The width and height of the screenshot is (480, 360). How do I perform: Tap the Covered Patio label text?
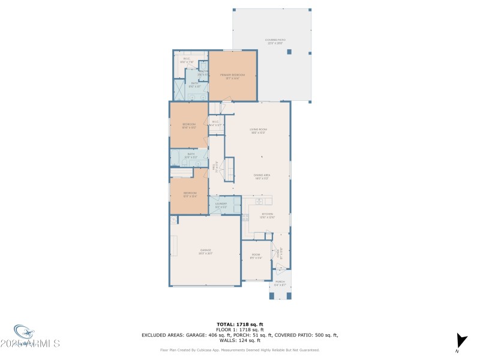coord(275,41)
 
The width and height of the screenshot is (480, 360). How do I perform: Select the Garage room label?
coord(205,251)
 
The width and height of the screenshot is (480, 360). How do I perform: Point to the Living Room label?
coord(259,130)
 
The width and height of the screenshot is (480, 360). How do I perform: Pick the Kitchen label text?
coord(268,215)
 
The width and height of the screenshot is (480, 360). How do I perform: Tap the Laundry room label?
coord(221,205)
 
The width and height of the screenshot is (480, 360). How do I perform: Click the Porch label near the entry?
coord(280,283)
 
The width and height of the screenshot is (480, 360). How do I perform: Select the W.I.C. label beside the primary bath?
coord(186,59)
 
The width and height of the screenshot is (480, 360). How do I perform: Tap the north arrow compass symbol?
coord(460,341)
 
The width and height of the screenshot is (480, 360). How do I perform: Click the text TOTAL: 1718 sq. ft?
coord(239,324)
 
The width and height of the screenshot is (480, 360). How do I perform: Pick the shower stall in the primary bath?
coord(179,90)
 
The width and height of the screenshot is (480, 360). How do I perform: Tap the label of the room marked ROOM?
coord(256,256)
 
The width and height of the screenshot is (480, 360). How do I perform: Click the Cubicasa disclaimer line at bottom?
coord(239,350)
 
